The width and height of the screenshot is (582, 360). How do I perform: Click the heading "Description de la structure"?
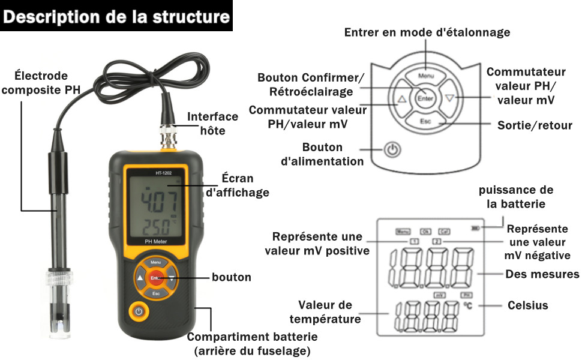(116, 16)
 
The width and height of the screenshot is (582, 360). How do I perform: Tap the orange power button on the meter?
(139, 311)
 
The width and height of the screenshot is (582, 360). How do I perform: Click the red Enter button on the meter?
(155, 278)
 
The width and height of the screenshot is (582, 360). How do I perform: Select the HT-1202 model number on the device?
(155, 174)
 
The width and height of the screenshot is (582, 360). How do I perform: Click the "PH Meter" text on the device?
(155, 241)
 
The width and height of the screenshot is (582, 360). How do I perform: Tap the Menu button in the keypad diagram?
(426, 76)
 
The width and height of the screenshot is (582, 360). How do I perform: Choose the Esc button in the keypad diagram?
(426, 121)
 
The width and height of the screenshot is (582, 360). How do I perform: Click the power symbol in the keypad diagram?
(392, 149)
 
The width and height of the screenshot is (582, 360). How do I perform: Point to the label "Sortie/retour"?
(535, 125)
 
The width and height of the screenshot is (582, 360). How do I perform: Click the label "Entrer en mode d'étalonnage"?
(427, 32)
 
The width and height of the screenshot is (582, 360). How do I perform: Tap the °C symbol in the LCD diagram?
(468, 306)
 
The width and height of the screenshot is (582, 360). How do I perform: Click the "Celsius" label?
(527, 305)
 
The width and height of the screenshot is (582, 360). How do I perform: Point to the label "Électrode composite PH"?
(41, 82)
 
